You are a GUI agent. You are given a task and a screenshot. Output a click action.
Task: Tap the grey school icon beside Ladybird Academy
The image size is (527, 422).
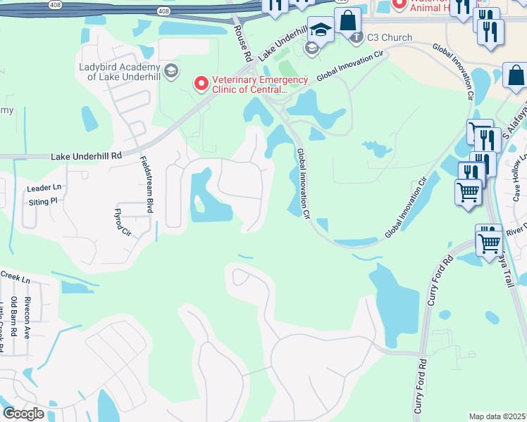pos(171,71)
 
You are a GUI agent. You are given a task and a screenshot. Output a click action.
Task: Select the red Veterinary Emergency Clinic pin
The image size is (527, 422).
pos(201,84)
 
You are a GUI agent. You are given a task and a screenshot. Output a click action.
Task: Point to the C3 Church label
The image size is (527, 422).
pos(390,37)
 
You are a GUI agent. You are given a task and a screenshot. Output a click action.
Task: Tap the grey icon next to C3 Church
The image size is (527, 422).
pos(357,37)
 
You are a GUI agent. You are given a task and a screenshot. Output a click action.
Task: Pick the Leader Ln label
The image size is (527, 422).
pos(44,188)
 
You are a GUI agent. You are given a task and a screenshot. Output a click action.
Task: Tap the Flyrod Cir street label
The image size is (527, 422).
pos(123,221)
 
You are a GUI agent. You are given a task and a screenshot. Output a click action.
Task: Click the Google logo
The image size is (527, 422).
pos(23,414)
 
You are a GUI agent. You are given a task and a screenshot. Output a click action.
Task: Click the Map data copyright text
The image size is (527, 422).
pos(497,416)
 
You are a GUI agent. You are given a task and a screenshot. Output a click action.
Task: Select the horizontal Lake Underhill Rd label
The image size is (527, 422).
pos(87,155)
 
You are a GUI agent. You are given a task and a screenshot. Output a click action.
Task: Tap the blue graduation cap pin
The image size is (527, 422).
pos(321,30)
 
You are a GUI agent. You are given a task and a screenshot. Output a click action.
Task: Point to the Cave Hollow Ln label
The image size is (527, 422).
pos(519,177)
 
